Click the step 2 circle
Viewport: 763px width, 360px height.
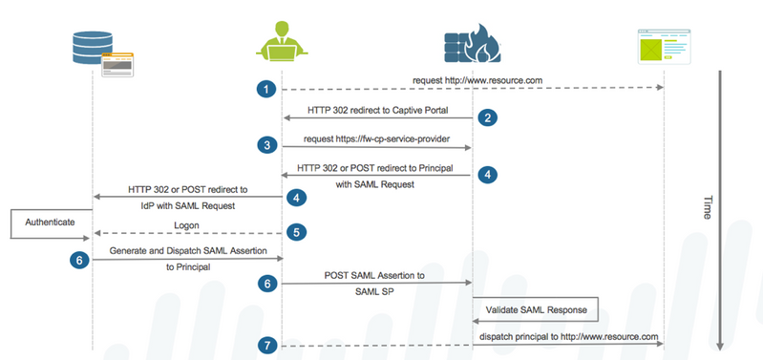click(486, 118)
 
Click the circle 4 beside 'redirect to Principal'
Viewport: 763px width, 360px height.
click(486, 175)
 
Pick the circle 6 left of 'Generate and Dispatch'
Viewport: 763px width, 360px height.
click(79, 258)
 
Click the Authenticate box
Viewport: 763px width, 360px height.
click(44, 222)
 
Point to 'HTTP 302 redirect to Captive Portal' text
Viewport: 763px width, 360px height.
click(376, 111)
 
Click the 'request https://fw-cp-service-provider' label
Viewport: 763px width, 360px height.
click(377, 139)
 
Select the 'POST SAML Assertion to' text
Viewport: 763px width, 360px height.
click(376, 273)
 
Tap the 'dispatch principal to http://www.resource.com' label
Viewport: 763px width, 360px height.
click(569, 336)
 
